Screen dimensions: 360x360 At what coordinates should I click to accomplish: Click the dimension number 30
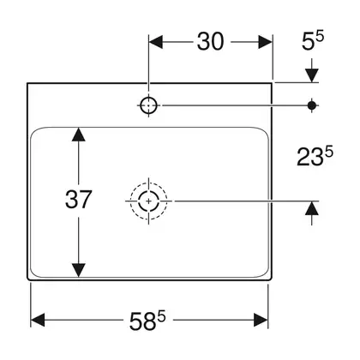click(x=210, y=42)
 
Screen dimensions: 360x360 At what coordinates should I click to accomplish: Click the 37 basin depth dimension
click(x=78, y=199)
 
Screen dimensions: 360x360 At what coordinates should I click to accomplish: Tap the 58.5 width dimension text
click(x=147, y=320)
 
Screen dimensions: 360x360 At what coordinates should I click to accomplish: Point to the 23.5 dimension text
click(x=315, y=156)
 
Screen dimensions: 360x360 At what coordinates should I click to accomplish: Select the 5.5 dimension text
click(x=313, y=41)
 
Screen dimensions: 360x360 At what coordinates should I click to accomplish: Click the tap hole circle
click(x=149, y=105)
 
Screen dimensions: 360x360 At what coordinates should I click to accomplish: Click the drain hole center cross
click(x=148, y=201)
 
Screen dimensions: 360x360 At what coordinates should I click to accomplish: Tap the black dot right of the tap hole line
click(x=312, y=105)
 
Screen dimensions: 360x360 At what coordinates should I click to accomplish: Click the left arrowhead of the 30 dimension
click(x=156, y=42)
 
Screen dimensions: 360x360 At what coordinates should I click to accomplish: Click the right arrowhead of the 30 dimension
click(x=266, y=42)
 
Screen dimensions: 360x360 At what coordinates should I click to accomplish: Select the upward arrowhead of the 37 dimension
click(x=79, y=135)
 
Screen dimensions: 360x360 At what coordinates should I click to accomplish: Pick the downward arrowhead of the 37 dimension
click(x=79, y=270)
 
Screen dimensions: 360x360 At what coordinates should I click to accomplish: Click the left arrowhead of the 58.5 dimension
click(x=38, y=320)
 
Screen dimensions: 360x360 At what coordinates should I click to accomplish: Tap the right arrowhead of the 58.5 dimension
click(x=261, y=320)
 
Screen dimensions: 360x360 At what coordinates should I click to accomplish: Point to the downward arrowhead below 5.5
click(x=312, y=75)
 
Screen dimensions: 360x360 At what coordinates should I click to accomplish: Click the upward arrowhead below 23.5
click(x=312, y=208)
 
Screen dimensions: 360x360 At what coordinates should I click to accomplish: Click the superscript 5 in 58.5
click(x=162, y=316)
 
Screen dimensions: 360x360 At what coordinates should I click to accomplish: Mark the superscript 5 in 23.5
click(x=329, y=152)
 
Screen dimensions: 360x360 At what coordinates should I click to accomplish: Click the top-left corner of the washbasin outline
click(x=27, y=83)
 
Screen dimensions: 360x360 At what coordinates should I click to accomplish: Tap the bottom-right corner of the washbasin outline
click(x=272, y=279)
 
